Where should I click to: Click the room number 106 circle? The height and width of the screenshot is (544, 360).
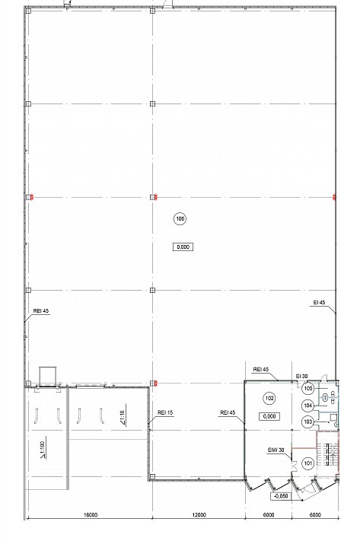point(180,218)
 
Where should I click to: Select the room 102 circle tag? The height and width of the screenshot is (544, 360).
point(269,398)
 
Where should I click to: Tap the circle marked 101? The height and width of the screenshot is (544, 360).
point(308,463)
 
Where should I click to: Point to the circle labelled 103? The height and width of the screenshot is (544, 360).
point(308,422)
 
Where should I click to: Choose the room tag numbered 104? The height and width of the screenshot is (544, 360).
point(308,406)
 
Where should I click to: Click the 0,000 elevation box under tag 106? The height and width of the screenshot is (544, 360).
point(183,247)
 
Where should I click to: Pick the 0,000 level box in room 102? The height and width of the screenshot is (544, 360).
point(269,416)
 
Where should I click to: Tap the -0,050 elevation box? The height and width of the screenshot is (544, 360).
point(281,496)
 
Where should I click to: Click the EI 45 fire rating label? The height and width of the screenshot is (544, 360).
point(320,303)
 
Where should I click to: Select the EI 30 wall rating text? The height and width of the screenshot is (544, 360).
point(301,377)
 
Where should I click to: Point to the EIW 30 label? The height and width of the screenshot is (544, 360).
point(276,450)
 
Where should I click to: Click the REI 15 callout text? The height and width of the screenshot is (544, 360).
point(165,412)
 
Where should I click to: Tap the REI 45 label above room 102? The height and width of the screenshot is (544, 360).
point(261,370)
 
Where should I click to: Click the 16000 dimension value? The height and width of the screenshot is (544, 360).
point(91,515)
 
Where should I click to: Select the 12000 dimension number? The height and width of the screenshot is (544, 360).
point(199,515)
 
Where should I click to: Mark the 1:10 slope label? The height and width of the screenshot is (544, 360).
point(123,418)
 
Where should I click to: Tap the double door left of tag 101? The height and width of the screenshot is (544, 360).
point(295,465)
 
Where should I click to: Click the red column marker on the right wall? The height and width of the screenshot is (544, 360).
point(334,197)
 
